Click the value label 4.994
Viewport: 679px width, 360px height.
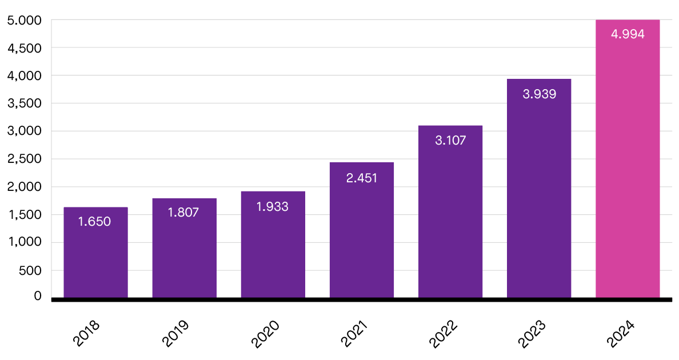pos(628,34)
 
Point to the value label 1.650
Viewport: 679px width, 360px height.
pos(95,222)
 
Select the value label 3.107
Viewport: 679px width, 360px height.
pos(450,140)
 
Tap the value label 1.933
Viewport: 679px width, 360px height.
pos(273,207)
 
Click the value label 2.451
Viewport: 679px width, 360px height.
pos(362,178)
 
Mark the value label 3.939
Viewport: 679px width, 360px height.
pos(539,94)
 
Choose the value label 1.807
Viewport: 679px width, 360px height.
pos(183,213)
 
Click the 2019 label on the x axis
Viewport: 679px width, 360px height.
pos(175,334)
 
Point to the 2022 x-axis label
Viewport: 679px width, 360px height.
pos(442,334)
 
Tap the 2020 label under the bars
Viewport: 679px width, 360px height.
pos(265,334)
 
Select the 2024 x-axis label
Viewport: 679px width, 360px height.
pos(620,334)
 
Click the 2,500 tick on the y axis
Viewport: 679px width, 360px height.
pos(25,159)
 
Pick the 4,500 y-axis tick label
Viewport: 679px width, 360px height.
pos(25,48)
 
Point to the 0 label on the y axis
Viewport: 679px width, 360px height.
pos(38,296)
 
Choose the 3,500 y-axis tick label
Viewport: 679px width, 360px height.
pos(25,103)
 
